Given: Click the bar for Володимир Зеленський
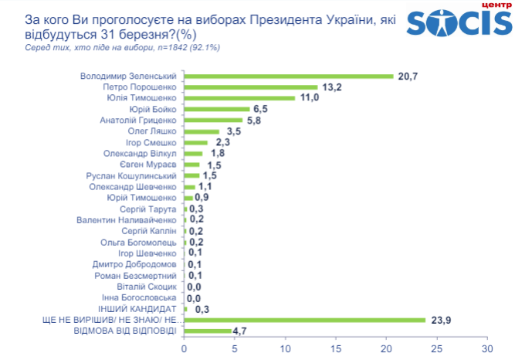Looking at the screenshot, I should (x=289, y=76).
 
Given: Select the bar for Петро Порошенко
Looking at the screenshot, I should (x=251, y=87).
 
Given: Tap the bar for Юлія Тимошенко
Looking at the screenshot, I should (x=239, y=98).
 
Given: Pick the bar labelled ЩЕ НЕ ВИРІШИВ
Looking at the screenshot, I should (x=305, y=320).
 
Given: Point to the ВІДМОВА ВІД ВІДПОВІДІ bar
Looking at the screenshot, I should (x=208, y=331).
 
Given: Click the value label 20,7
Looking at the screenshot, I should (x=408, y=76).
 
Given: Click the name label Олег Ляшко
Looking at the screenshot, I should (x=152, y=132).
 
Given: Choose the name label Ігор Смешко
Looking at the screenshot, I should (x=152, y=143).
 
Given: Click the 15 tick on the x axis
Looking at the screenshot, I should (x=336, y=348).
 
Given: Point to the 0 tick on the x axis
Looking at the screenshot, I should (x=184, y=348).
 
